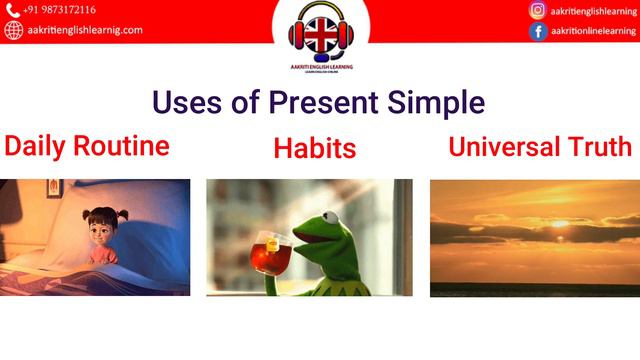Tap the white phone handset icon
[13, 11]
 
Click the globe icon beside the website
[13, 30]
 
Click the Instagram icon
[538, 11]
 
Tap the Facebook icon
[538, 31]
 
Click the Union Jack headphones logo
[320, 32]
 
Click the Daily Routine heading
[87, 146]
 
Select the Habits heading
[315, 149]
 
